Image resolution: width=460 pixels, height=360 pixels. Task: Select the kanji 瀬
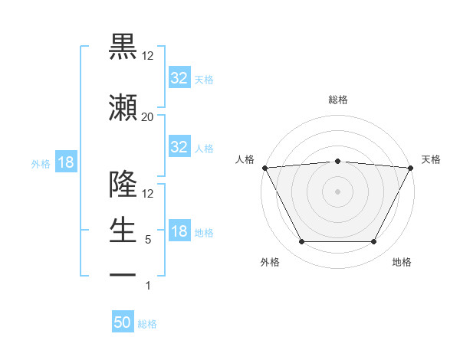[x=123, y=107]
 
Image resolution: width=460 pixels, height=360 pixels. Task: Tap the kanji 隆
[x=123, y=185]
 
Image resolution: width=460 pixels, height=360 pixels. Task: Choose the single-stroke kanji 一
[x=123, y=274]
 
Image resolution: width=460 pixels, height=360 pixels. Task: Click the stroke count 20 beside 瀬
[x=147, y=116]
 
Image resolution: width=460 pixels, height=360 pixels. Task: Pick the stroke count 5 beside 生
[x=147, y=240]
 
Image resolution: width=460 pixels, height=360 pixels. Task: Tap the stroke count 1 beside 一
[x=147, y=286]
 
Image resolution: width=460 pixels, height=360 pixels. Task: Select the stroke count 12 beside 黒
[x=147, y=55]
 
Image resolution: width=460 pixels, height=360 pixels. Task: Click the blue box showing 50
[x=123, y=322]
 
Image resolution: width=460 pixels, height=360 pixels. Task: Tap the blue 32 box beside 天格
[x=179, y=77]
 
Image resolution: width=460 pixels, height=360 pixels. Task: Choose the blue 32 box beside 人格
[x=179, y=147]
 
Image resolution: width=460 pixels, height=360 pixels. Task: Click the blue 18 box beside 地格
[x=179, y=231]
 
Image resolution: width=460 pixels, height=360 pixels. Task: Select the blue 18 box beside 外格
[x=65, y=162]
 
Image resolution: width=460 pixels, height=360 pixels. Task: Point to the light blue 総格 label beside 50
[x=147, y=324]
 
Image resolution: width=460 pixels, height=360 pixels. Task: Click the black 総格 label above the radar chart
[x=337, y=100]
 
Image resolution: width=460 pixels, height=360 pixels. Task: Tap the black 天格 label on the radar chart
[x=431, y=159]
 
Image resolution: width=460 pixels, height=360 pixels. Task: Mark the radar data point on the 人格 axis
[x=264, y=167]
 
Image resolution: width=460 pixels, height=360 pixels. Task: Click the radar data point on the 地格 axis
[x=373, y=242]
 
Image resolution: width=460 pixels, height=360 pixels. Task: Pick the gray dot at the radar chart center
[x=337, y=191]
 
